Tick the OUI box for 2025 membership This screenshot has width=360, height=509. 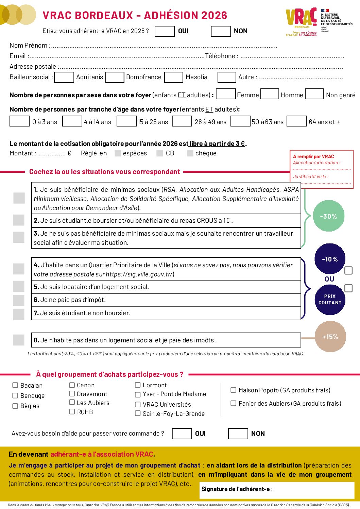point(165,31)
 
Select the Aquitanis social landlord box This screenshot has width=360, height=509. point(64,77)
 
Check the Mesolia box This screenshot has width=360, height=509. point(174,77)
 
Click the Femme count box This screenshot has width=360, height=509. point(226,94)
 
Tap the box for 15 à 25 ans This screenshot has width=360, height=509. point(126,121)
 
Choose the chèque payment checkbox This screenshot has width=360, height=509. point(190,153)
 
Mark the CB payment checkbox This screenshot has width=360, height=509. point(160,153)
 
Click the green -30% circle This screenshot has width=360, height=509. point(328,216)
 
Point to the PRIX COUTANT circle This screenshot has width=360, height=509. point(330,300)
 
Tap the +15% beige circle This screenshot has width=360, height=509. point(330,337)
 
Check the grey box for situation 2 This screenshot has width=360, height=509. point(19,220)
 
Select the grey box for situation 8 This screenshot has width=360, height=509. point(19,340)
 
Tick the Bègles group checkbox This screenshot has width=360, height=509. point(15,406)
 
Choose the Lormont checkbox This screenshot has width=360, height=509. point(138,385)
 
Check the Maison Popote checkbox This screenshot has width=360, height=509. point(234,390)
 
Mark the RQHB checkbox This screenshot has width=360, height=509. point(72,412)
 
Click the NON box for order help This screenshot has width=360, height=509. point(238,434)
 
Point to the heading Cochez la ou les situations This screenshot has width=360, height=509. point(104,172)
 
